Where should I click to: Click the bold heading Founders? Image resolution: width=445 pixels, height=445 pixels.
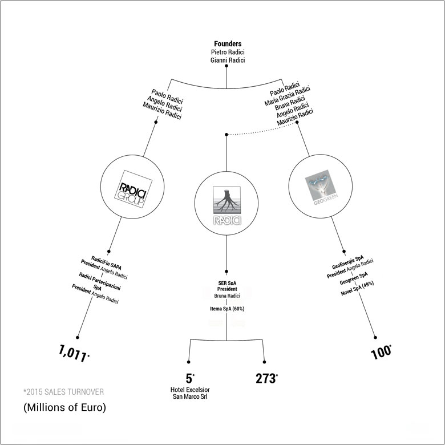coord(227,43)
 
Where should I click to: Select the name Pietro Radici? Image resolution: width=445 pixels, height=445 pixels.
coord(227,52)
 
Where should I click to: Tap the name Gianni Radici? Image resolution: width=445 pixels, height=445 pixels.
coord(227,60)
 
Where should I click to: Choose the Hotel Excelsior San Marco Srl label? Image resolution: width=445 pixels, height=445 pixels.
coord(189,394)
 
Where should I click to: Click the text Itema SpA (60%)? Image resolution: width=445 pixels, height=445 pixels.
coord(227,309)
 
